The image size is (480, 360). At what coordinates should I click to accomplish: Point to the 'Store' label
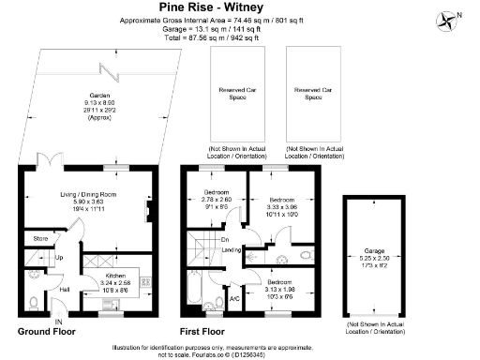coord(39,239)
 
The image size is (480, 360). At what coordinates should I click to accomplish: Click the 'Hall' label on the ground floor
coord(65,289)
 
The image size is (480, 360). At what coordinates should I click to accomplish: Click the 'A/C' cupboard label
coord(234,298)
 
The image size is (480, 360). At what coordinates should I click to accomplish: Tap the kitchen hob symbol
coord(146,280)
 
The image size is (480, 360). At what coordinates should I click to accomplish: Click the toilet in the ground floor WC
coord(33,302)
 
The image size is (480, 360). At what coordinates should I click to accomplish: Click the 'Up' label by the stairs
coord(59,257)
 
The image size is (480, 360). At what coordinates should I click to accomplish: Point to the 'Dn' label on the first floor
coord(225,238)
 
